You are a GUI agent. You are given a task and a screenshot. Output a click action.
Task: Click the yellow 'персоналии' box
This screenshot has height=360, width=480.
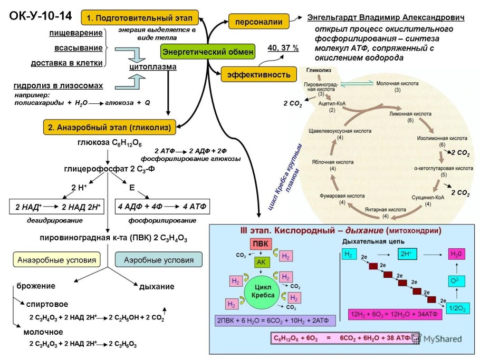tap(259, 22)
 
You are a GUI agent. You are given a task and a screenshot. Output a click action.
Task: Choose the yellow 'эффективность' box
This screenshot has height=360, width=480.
tap(258, 74)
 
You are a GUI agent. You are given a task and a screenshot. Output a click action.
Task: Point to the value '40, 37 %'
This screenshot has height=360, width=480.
tap(283, 48)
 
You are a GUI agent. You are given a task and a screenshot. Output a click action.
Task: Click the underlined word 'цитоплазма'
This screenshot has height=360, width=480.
tap(152, 67)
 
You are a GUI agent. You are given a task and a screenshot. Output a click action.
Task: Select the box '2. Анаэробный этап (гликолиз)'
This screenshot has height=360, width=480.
tap(109, 127)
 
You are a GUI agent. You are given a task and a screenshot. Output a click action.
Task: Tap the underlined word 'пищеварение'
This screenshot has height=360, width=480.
tap(76, 33)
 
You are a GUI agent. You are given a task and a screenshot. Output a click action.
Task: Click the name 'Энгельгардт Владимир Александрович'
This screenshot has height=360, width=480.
tap(386, 18)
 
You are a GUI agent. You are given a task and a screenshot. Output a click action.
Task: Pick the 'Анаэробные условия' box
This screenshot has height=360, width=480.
tap(57, 260)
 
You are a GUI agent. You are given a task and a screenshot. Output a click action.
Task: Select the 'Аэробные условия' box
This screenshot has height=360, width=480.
tap(158, 260)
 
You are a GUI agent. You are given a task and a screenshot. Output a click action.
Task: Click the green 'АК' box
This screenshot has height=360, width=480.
tap(262, 262)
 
